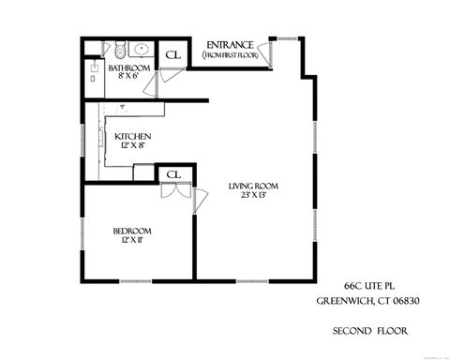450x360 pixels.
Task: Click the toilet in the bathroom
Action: click(121, 48)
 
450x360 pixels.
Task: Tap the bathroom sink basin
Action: click(142, 48)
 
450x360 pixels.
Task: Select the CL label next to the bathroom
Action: click(172, 54)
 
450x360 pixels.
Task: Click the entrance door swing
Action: click(269, 52)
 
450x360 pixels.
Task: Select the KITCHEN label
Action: click(132, 137)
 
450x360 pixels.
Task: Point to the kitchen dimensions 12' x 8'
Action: click(132, 146)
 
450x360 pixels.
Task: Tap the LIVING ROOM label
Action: click(253, 186)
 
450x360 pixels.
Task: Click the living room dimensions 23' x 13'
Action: click(253, 196)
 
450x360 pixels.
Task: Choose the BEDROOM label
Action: click(132, 232)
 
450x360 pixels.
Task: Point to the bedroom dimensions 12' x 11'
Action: click(132, 241)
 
